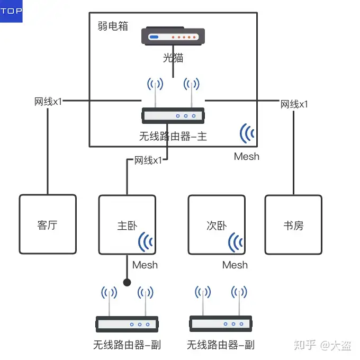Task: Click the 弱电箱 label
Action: [x=113, y=26]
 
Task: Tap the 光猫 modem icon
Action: [x=173, y=36]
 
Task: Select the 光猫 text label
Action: [x=173, y=58]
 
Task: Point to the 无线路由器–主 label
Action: [x=173, y=137]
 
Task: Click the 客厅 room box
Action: [x=48, y=224]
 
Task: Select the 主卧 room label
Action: [x=127, y=226]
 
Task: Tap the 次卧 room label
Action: [x=217, y=226]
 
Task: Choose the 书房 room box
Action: [x=293, y=225]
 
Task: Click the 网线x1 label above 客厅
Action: [x=48, y=102]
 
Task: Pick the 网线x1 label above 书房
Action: [x=294, y=104]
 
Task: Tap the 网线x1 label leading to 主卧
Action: [x=148, y=160]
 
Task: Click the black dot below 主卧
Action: [x=127, y=282]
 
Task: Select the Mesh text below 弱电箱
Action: [x=247, y=157]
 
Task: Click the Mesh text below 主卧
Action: [x=145, y=265]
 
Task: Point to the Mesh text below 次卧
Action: [x=235, y=265]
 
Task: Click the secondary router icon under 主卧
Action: [x=127, y=309]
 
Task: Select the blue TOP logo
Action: [x=11, y=11]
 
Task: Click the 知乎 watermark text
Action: [x=305, y=345]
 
